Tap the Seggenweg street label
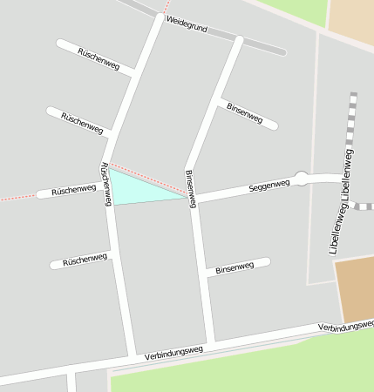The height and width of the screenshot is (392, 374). coord(269,186)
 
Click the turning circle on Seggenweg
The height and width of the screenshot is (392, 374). coord(302,179)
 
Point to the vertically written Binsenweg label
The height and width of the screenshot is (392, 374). coord(190,188)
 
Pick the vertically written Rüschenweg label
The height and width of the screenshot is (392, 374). coord(105,184)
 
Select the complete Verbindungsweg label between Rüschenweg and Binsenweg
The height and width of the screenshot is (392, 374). coord(173,351)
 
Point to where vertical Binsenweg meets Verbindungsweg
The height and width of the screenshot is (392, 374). coord(210,342)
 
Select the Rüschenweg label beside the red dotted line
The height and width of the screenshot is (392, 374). coord(73,189)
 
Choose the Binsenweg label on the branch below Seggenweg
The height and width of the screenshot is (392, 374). coord(235,268)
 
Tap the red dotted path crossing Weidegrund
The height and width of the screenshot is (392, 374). coord(166,9)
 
